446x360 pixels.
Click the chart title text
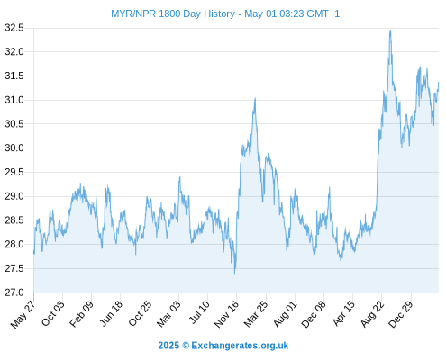[x=225, y=13]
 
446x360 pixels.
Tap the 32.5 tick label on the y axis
[x=14, y=28]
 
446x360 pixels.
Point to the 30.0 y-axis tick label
[x=14, y=148]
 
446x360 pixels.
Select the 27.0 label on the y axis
[x=14, y=292]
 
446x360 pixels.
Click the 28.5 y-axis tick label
[x=14, y=220]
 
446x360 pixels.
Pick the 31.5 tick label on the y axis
[x=14, y=76]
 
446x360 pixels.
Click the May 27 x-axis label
[x=23, y=314]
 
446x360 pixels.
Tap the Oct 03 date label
[x=52, y=313]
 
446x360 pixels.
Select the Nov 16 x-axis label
[x=226, y=314]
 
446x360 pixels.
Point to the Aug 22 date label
[x=372, y=314]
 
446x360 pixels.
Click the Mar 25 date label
[x=256, y=314]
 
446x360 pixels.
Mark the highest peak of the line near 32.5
[x=390, y=31]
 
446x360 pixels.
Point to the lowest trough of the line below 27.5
[x=234, y=274]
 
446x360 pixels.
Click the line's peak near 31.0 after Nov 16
[x=255, y=98]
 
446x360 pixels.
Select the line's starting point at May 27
[x=34, y=254]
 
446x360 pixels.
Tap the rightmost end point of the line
[x=439, y=82]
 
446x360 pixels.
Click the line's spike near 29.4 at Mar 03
[x=179, y=177]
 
